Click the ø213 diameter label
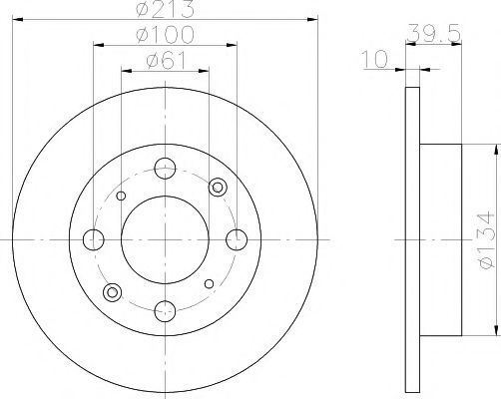pos(165,9)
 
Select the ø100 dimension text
pos(165,35)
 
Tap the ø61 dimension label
pos(166,61)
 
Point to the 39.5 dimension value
pos(434,34)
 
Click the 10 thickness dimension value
pos(375,59)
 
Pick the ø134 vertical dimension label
pos(486,238)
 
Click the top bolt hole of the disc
pos(165,169)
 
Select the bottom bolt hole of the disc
pos(165,311)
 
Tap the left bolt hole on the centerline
pos(94,239)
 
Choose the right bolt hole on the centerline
pos(237,239)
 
